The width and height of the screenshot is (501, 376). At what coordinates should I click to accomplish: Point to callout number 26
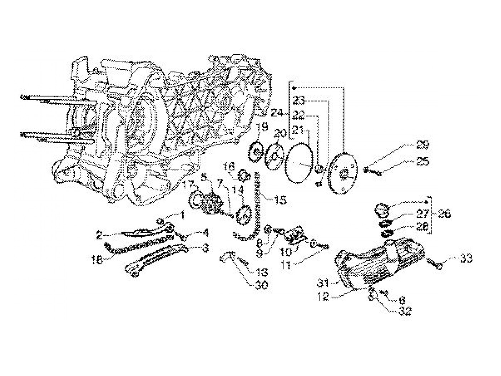pos(444,214)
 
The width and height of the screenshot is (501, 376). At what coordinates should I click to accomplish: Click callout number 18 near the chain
pos(97,259)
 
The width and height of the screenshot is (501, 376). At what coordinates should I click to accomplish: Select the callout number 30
pos(262,286)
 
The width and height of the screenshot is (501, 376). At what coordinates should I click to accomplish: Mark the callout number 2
pos(99,236)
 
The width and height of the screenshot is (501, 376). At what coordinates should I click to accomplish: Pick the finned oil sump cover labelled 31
pos(379,264)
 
